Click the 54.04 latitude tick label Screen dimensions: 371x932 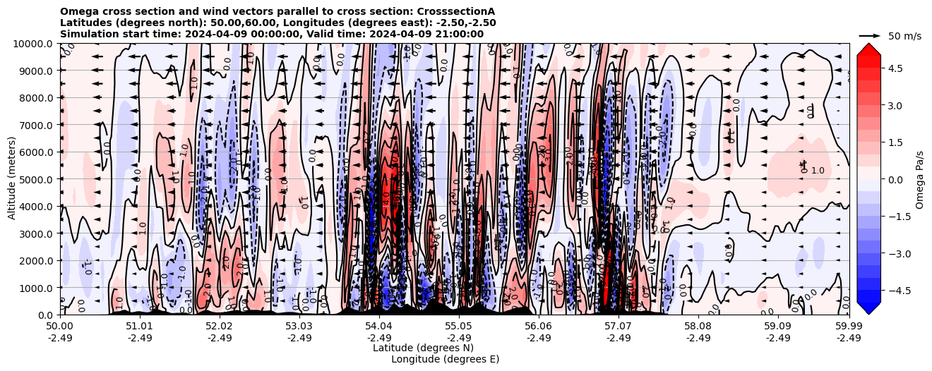tap(379, 327)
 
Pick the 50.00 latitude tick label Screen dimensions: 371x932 tap(60, 327)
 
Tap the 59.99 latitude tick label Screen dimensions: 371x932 tap(849, 327)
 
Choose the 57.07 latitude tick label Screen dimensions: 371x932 tap(619, 327)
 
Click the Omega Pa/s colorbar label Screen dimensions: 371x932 tap(920, 179)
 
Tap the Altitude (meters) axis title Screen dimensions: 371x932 tap(12, 179)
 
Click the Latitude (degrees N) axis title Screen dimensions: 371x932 tap(423, 348)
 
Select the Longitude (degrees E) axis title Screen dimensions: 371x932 tap(445, 359)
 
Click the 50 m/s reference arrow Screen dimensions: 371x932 tap(870, 35)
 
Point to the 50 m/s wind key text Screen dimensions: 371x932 tap(904, 36)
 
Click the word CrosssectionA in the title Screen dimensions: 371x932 tap(456, 11)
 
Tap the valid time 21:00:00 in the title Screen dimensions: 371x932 tap(458, 34)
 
